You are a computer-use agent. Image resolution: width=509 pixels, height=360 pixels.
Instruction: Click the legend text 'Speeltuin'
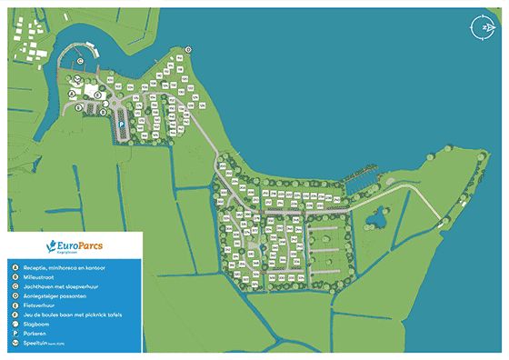[x=40, y=343]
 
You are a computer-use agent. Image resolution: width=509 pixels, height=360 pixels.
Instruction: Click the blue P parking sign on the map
[x=120, y=127]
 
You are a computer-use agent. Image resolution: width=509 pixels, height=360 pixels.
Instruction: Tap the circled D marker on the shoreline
[x=188, y=49]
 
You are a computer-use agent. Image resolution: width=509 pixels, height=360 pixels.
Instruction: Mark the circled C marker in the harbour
[x=81, y=62]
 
